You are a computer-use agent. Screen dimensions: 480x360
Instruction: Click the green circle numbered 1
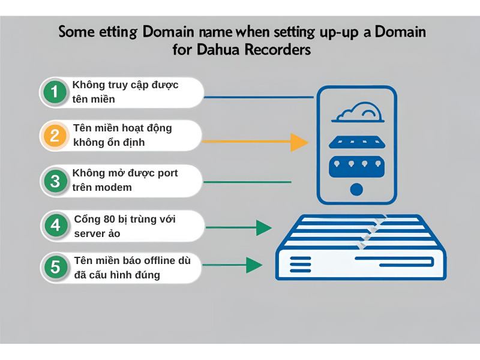click(55, 91)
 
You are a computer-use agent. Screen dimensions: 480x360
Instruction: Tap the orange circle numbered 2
click(55, 136)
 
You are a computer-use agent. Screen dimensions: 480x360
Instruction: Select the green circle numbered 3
click(55, 181)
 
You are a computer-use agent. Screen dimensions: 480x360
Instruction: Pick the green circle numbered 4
click(55, 226)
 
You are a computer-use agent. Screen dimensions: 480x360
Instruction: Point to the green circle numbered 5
click(55, 266)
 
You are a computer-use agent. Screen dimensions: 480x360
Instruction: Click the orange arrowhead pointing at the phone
click(299, 142)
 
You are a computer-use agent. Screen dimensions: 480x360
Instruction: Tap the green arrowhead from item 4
click(263, 227)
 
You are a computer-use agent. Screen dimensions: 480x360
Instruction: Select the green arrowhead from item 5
click(254, 265)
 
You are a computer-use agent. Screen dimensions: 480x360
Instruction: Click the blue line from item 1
click(259, 97)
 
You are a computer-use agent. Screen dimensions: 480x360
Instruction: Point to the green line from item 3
click(247, 182)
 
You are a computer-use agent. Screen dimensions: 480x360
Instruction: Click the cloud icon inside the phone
click(358, 112)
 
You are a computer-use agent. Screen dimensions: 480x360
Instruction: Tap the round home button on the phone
click(356, 189)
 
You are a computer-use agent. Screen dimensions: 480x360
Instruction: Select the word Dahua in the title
click(218, 50)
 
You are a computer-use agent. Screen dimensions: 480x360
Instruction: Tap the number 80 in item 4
click(109, 219)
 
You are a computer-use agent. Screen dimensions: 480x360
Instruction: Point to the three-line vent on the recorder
click(301, 265)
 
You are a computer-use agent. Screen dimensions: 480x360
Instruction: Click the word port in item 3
click(167, 173)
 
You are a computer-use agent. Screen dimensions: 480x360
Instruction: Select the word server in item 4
click(88, 234)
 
